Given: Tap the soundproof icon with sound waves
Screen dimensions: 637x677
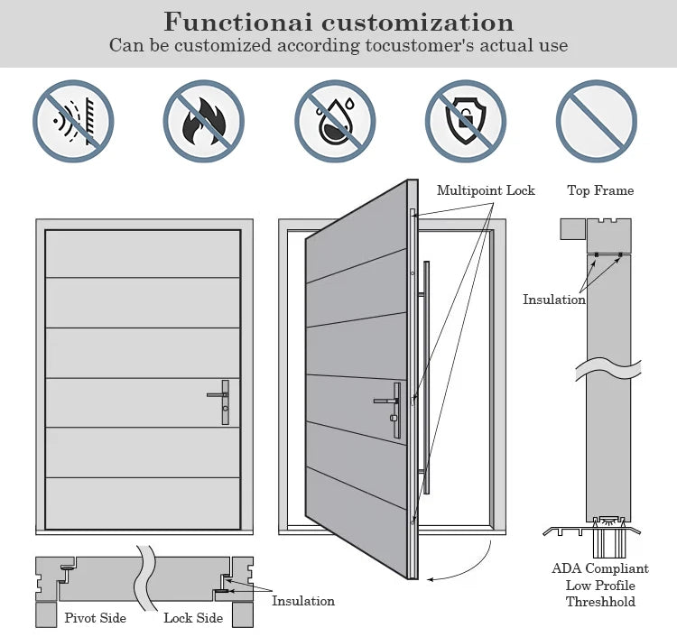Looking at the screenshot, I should coord(73,121).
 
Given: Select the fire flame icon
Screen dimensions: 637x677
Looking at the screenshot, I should coord(204,121).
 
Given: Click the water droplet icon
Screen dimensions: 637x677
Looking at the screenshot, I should coord(335,121).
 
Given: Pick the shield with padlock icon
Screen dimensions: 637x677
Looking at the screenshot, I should coord(466,121).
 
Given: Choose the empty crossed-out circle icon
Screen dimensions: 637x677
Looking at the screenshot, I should coord(597,121).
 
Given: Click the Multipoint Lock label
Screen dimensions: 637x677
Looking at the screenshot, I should coord(486,190).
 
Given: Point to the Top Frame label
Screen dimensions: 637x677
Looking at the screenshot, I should coord(600,190).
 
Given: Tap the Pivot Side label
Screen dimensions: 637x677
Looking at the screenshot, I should coord(95,618).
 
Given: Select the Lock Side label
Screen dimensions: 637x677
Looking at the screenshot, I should coord(193,618).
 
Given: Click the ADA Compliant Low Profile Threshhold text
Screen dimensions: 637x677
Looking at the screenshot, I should coord(600,585).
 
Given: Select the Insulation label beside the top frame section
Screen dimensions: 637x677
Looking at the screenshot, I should coord(554,300).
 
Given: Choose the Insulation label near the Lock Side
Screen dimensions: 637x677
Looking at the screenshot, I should coord(303,601).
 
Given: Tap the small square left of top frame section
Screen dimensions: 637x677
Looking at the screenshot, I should coord(572,228).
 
